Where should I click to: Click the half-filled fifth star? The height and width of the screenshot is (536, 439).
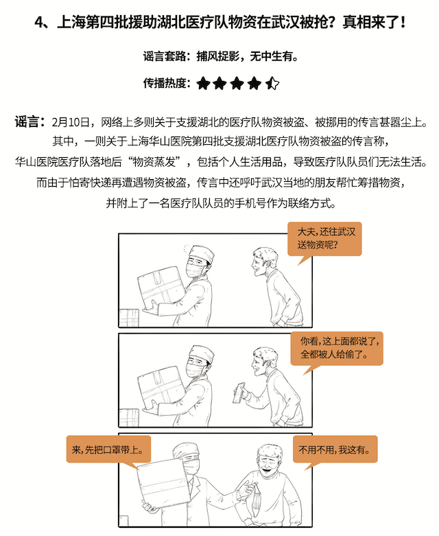[x=272, y=84]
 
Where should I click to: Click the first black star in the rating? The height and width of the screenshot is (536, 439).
[x=203, y=84]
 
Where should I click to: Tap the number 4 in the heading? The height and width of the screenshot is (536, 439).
[x=39, y=23]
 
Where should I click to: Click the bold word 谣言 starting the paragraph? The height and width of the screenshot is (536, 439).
[x=26, y=121]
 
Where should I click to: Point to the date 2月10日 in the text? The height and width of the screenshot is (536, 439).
[x=71, y=122]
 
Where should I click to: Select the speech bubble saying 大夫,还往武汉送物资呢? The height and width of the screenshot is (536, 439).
[x=324, y=240]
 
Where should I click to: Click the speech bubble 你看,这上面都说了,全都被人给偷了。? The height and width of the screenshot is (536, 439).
[x=337, y=349]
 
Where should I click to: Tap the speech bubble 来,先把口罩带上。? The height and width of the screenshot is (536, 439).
[x=108, y=450]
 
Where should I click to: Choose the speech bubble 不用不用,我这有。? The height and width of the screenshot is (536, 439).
[x=335, y=450]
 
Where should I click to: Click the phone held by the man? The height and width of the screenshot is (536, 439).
[x=239, y=393]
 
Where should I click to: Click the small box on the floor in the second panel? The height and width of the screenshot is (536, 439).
[x=128, y=417]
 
